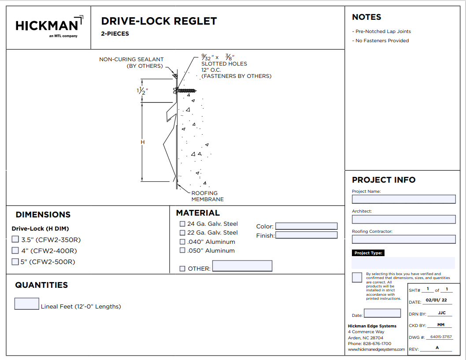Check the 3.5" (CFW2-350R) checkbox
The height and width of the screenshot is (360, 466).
click(15, 239)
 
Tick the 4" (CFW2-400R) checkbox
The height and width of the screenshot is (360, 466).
click(15, 250)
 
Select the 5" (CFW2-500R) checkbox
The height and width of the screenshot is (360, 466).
click(15, 261)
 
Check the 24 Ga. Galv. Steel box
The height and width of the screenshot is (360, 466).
click(182, 224)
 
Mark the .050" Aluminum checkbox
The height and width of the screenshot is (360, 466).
click(182, 250)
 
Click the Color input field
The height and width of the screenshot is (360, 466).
click(306, 226)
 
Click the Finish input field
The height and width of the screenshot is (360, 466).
click(306, 235)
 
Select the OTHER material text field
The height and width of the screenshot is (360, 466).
click(242, 266)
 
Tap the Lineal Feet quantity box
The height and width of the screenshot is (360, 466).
click(26, 304)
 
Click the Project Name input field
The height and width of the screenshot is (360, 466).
click(403, 199)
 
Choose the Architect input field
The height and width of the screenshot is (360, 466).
click(403, 219)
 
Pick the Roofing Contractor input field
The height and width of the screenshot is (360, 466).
click(403, 239)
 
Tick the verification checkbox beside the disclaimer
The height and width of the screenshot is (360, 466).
click(357, 277)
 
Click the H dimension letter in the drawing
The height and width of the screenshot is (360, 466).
click(142, 142)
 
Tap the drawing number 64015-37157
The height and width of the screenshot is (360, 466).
click(441, 337)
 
